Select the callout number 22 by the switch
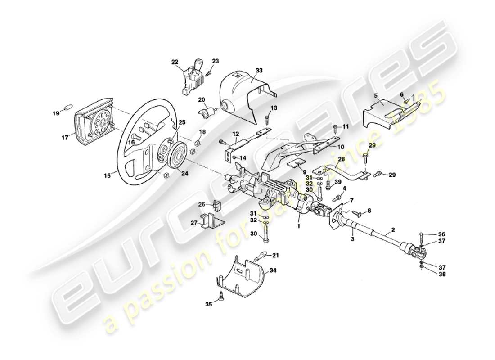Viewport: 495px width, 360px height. [x=175, y=63]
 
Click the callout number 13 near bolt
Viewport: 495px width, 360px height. [x=274, y=108]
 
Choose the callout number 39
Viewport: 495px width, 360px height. [x=338, y=182]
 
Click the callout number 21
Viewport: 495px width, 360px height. [x=275, y=255]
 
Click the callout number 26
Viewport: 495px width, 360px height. [x=202, y=205]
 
